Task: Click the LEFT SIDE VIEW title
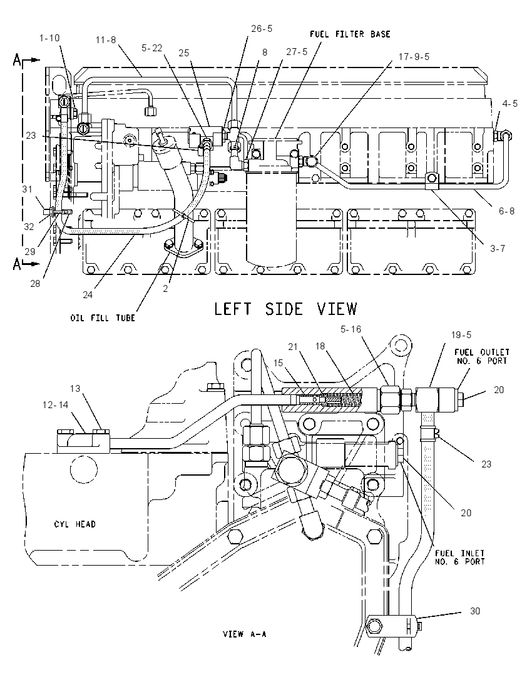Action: tap(285, 309)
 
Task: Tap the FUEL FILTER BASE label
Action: tap(350, 34)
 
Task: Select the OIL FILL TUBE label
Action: tap(103, 318)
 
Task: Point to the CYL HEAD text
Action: tap(75, 524)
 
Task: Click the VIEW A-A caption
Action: tap(244, 634)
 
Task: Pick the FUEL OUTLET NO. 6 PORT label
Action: tap(482, 356)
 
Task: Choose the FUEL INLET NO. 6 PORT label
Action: tap(460, 557)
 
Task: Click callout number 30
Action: tap(475, 611)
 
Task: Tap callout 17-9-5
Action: tap(414, 57)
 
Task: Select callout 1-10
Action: tap(49, 38)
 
